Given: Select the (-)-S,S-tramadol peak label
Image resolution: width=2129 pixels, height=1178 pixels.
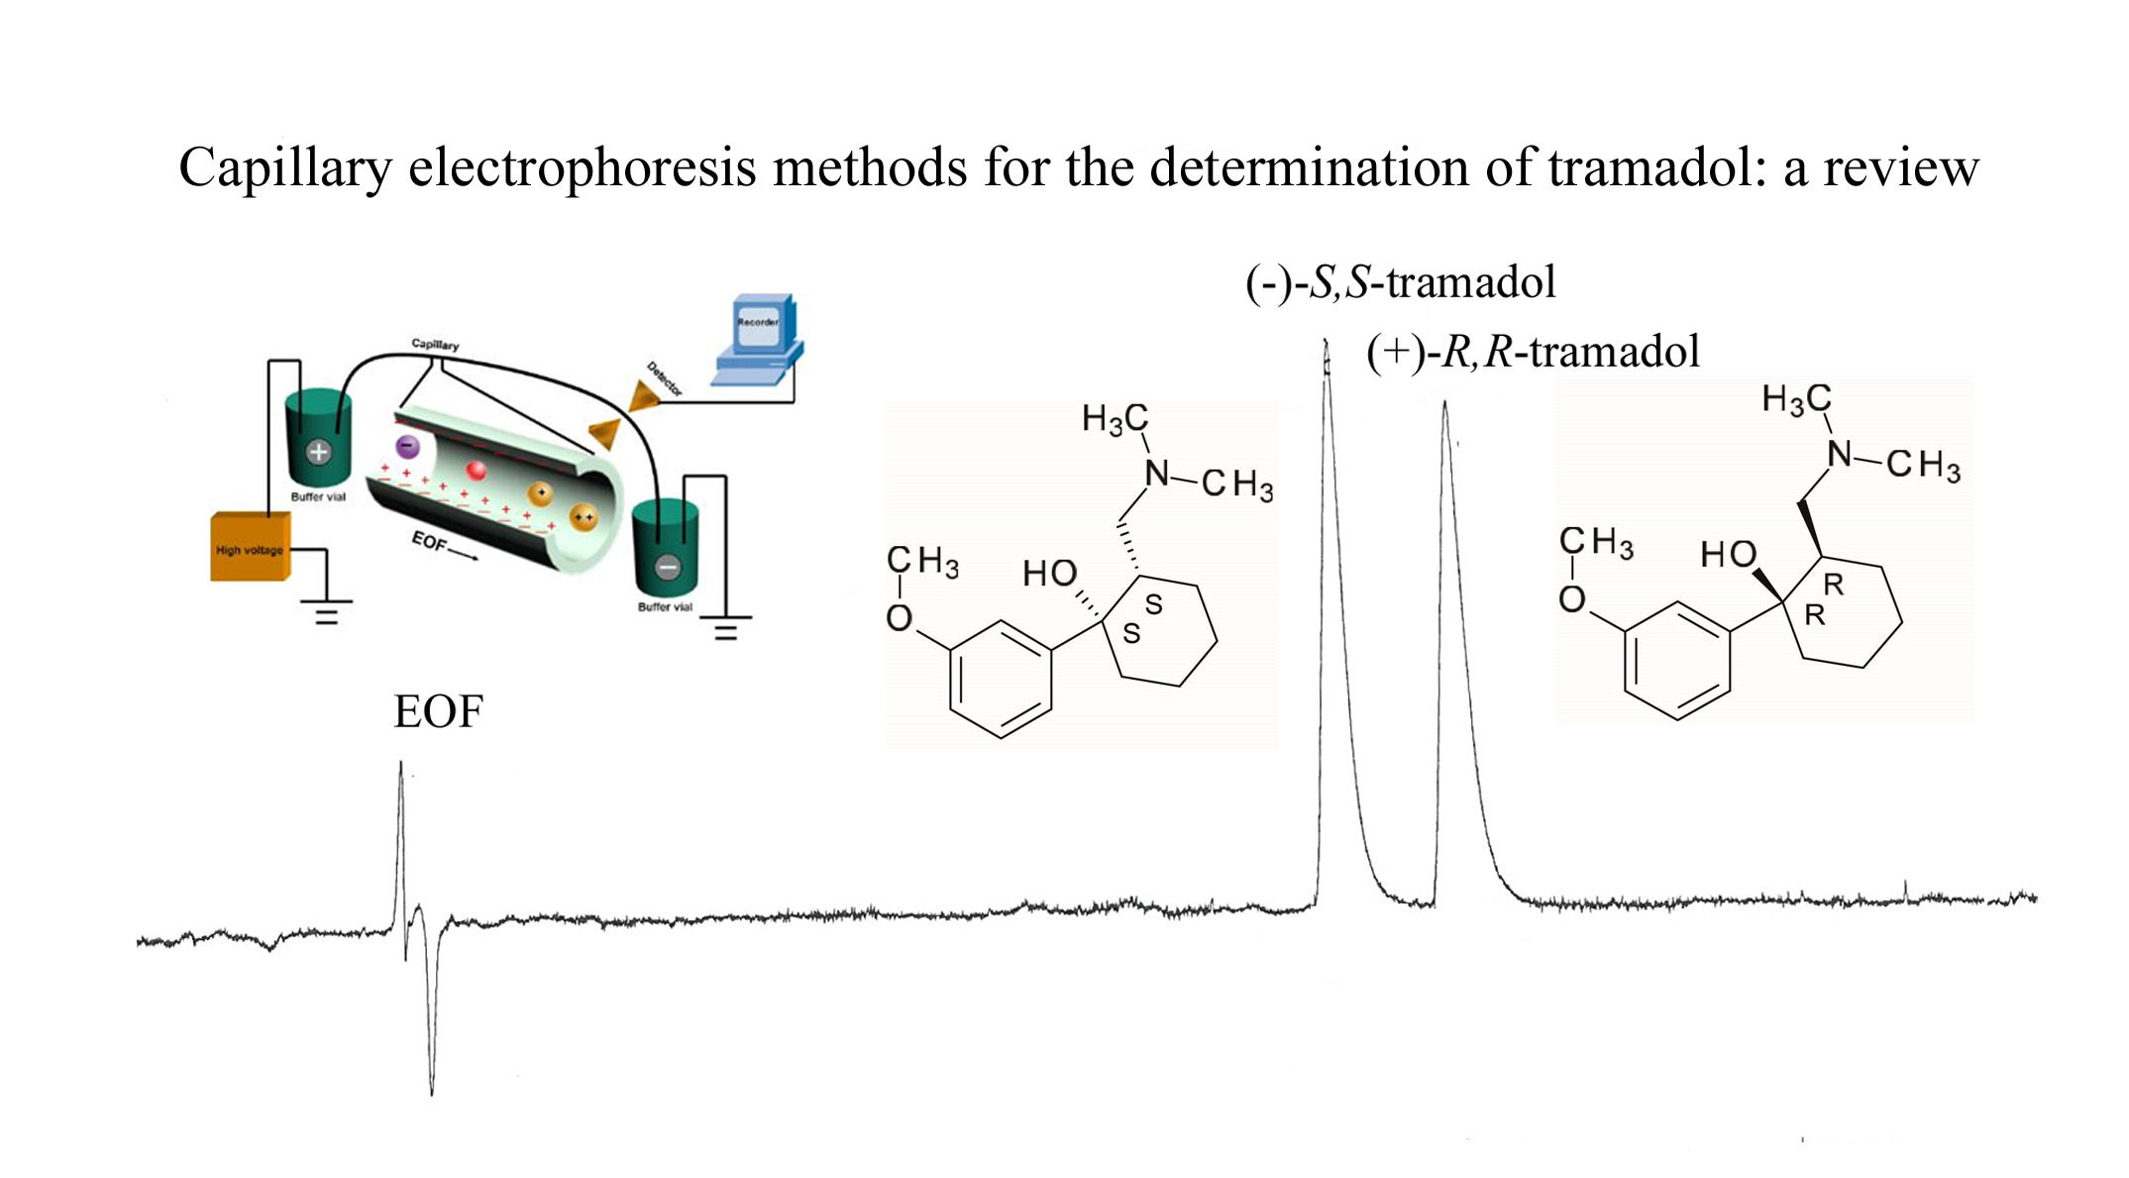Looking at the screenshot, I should click(1400, 283).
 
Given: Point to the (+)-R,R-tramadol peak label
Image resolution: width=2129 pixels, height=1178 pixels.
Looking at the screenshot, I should click(1533, 352).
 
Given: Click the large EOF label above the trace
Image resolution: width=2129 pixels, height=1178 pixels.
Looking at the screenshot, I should click(438, 712).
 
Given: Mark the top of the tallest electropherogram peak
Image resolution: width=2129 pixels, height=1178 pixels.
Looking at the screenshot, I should click(1326, 343).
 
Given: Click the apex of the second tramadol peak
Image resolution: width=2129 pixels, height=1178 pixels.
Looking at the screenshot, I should click(1444, 403).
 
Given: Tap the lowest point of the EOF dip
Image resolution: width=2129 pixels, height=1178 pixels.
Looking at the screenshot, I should click(432, 1093).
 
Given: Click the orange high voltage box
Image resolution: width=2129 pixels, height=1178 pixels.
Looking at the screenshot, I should click(250, 547).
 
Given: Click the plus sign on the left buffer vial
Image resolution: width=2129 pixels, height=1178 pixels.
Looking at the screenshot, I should click(318, 453).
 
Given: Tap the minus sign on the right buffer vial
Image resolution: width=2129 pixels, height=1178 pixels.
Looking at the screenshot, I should click(668, 568).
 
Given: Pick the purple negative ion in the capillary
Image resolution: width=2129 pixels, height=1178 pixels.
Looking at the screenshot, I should click(407, 447).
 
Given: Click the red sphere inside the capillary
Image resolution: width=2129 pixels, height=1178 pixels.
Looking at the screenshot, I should click(477, 471).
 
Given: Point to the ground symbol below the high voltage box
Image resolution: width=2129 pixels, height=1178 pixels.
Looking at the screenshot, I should click(327, 613).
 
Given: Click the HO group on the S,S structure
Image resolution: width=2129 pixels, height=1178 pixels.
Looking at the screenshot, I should click(1049, 574).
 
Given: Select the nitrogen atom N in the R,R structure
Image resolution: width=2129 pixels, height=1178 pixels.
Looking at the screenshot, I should click(1840, 454).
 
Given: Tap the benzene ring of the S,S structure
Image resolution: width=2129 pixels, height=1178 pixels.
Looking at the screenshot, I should click(1001, 680).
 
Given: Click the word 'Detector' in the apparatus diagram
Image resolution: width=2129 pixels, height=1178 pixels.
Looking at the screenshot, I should click(665, 378).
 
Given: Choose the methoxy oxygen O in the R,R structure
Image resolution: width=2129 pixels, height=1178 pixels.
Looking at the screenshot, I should click(1572, 599).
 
